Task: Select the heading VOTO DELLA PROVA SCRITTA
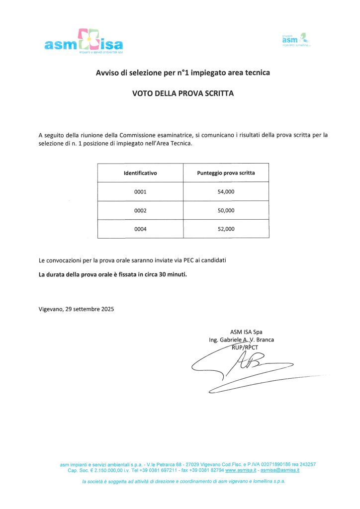click(182, 93)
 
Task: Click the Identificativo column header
click(140, 173)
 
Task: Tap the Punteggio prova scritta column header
click(226, 173)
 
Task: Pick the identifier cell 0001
click(140, 192)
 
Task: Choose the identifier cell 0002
click(140, 211)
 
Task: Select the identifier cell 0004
click(140, 229)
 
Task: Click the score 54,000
click(226, 192)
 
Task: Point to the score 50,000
click(226, 211)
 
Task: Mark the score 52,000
click(226, 229)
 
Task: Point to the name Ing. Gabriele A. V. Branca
click(242, 340)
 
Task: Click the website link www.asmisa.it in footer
click(241, 470)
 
